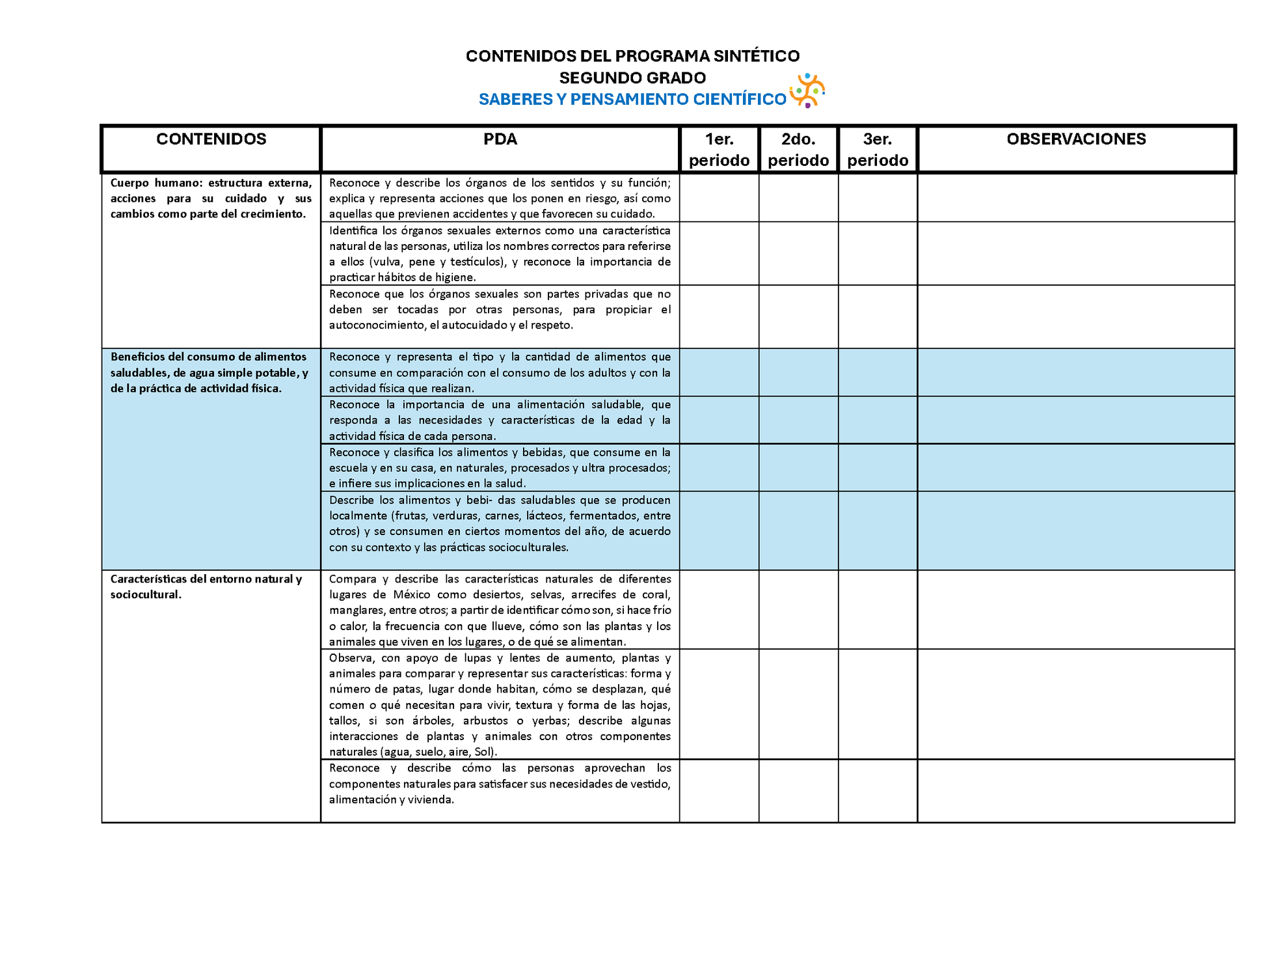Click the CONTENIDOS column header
pos(211,139)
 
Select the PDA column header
pos(500,139)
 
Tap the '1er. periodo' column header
pos(719,150)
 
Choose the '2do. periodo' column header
pos(798,150)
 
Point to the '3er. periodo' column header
pos(878,150)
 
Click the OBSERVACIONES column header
pos(1076,139)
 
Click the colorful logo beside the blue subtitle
pos(807,90)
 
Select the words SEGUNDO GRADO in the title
pos(632,78)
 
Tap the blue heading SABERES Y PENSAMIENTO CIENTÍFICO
pos(632,100)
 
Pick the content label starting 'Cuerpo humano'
pos(211,199)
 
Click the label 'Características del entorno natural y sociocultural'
pos(206,586)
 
